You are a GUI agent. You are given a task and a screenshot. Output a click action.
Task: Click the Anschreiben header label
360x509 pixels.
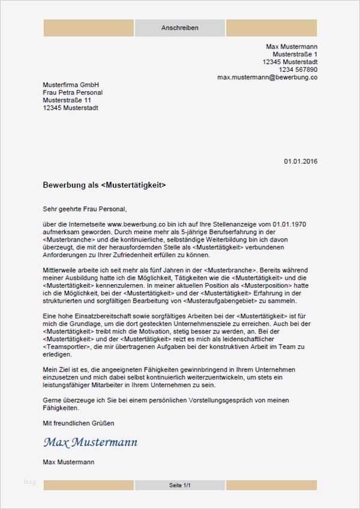[179, 28]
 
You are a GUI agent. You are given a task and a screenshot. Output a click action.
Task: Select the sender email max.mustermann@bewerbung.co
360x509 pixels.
[267, 77]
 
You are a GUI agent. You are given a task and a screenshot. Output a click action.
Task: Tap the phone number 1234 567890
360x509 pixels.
[296, 70]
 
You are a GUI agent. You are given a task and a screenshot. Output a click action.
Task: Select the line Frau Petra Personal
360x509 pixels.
[73, 93]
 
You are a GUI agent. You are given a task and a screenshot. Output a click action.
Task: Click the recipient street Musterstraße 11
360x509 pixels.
[67, 101]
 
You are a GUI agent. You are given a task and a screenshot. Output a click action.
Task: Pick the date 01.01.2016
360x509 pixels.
[301, 161]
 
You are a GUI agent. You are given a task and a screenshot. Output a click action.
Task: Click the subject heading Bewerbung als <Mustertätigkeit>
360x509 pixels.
[104, 185]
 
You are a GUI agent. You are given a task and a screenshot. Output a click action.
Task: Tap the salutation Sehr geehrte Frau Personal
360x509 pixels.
[85, 209]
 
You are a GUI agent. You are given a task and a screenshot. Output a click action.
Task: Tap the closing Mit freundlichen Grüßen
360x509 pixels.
[79, 423]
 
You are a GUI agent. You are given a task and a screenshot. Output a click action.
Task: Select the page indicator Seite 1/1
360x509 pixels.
[179, 484]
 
